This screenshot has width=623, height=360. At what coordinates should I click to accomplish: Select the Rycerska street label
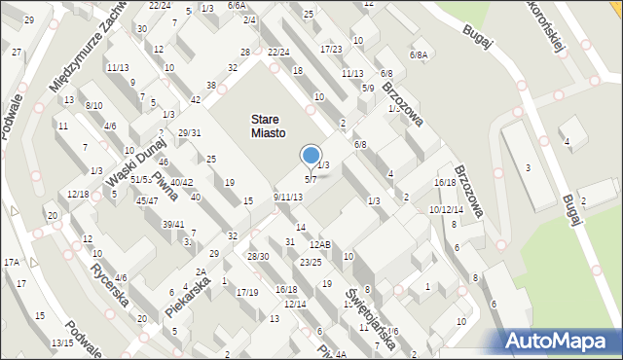(109, 284)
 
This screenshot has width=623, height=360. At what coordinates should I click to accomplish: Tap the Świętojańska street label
(371, 315)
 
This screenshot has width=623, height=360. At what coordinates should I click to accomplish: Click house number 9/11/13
(288, 198)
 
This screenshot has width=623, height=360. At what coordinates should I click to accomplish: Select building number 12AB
(320, 245)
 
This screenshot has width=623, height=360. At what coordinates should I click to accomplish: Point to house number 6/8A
(419, 55)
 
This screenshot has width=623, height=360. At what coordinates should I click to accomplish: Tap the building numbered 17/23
(331, 49)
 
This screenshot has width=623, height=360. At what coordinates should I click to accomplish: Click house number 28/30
(258, 256)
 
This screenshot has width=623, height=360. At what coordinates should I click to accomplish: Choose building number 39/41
(172, 225)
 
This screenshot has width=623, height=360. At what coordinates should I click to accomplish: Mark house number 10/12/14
(446, 209)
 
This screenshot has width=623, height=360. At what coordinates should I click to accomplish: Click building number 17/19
(247, 292)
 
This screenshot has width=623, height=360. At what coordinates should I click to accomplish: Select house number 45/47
(147, 200)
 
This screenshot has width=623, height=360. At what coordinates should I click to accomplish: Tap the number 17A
(12, 263)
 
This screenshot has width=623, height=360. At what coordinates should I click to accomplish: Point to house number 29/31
(189, 133)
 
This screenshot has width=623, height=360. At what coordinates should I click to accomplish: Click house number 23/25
(311, 263)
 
